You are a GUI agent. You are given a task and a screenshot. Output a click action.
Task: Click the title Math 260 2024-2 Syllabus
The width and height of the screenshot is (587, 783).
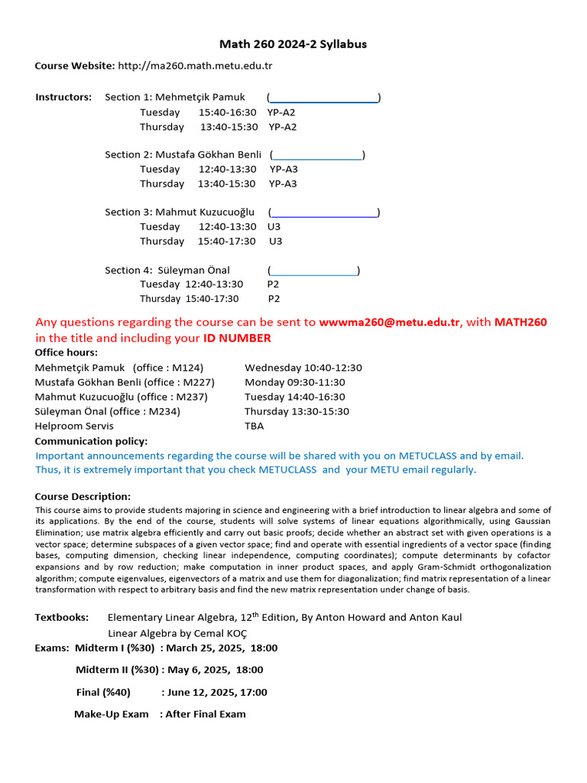tap(293, 44)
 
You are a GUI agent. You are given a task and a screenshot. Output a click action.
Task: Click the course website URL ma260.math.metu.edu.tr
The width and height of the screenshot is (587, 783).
tap(195, 66)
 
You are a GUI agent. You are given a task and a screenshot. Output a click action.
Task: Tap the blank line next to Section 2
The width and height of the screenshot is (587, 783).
tap(317, 154)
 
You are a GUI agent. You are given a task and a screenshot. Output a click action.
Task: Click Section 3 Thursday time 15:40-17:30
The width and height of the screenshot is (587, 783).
tap(226, 241)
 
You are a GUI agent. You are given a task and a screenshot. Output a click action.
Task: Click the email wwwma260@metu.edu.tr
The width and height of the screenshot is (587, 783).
tap(389, 322)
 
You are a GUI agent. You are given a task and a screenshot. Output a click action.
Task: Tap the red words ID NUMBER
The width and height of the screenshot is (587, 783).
tap(237, 338)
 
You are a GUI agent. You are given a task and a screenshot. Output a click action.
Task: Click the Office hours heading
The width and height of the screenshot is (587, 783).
tap(66, 353)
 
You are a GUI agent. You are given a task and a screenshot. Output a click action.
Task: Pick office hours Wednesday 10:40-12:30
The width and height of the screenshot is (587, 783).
tap(303, 368)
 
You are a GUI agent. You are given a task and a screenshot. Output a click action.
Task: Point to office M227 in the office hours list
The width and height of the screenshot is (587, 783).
tap(195, 382)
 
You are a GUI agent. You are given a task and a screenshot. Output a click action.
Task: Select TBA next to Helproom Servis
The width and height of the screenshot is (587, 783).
tap(255, 426)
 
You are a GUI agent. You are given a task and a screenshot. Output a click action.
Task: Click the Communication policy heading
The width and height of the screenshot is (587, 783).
tap(92, 441)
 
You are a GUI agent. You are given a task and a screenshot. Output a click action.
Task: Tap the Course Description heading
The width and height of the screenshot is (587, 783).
tap(83, 496)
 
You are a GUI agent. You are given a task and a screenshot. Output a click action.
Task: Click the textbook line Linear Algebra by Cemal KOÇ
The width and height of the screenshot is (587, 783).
tap(177, 633)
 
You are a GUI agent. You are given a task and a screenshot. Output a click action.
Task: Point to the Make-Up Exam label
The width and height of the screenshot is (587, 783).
tap(112, 714)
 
